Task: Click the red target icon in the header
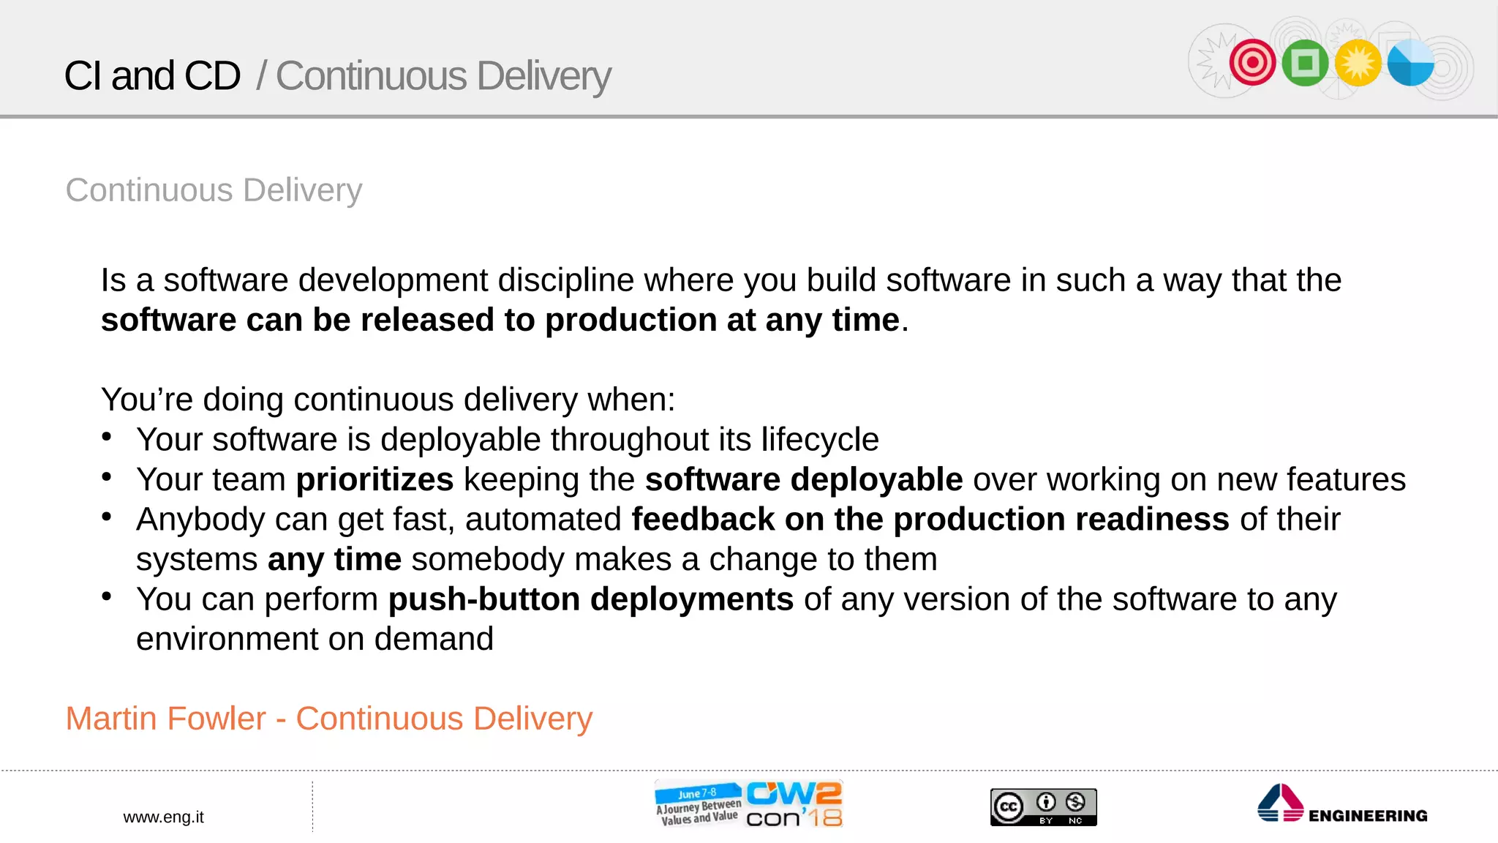1252,62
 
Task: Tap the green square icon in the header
1305,63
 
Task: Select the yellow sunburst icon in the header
1358,63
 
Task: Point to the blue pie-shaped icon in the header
1410,63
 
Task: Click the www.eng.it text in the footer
163,817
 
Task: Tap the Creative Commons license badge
1043,807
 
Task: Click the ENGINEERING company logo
1342,805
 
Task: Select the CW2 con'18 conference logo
794,804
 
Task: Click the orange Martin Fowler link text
328,719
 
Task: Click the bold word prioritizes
374,480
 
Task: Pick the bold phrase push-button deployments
590,599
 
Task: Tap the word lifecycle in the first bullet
819,440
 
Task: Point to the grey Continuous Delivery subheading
214,190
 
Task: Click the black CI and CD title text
152,75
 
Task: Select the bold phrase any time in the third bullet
334,560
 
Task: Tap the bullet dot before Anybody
107,517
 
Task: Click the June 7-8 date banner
696,793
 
